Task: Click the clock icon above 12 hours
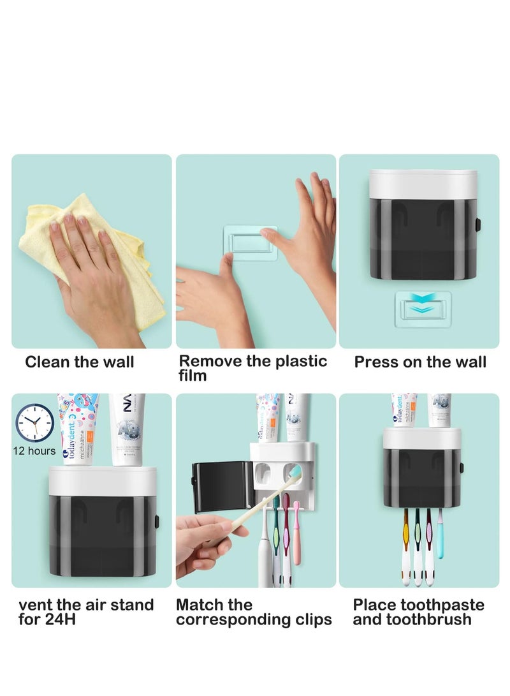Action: [35, 423]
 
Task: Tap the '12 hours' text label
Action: [34, 451]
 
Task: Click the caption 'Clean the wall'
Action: [80, 362]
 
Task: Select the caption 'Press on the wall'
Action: [420, 362]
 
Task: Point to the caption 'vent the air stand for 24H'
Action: [86, 611]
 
